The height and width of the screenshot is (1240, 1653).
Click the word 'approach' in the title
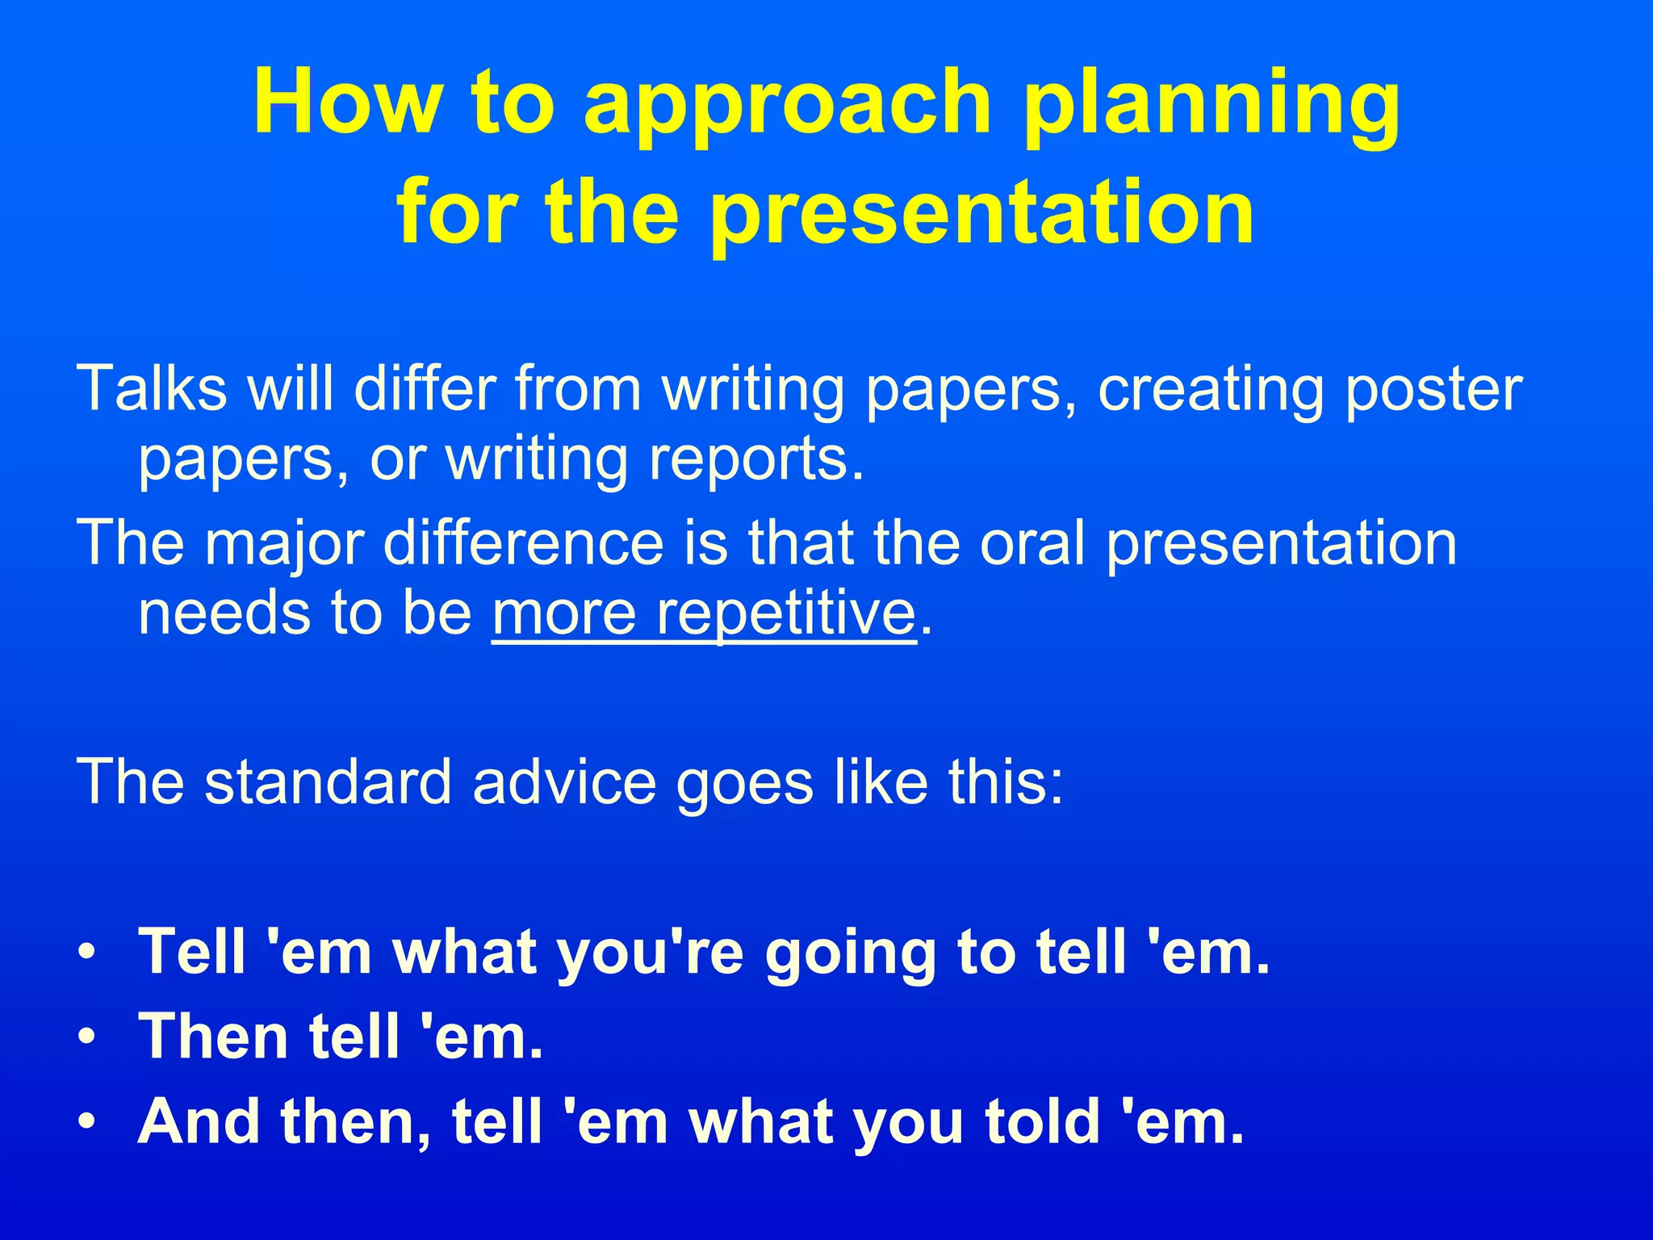point(787,105)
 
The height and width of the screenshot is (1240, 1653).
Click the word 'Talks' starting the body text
point(152,389)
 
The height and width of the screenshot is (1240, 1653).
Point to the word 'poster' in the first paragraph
point(1433,389)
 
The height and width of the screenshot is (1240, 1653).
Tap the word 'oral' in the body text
point(1032,542)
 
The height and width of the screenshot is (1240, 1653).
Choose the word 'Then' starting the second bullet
point(213,1037)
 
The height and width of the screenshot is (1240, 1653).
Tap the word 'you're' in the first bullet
point(651,953)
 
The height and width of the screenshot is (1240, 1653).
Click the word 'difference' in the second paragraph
point(523,542)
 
